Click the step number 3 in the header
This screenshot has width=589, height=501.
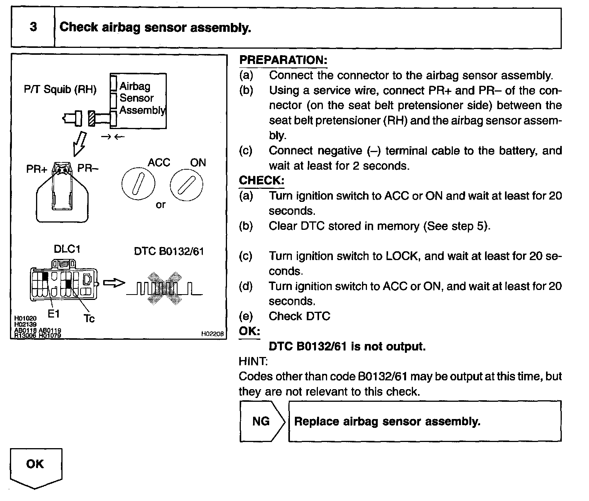pos(33,27)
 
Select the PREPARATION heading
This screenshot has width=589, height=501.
pos(283,60)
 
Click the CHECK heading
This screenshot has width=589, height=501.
pos(262,180)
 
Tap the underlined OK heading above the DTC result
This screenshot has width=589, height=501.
pos(249,331)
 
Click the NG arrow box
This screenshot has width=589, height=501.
pos(263,421)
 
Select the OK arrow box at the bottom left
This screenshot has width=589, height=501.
pos(36,467)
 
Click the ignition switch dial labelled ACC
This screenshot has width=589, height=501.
pos(138,185)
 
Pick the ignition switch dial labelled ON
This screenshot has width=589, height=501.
pos(186,185)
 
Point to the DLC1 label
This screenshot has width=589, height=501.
pos(67,249)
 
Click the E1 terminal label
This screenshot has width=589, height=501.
pos(54,314)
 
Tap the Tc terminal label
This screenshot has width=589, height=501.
pos(89,318)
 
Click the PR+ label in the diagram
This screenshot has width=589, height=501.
pos(36,169)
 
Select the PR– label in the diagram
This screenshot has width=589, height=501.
pos(88,168)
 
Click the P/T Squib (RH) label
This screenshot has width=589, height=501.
pos(60,90)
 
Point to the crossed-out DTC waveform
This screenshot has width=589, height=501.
pos(164,288)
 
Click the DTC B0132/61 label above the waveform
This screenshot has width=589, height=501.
pos(169,251)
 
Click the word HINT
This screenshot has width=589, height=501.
pos(253,361)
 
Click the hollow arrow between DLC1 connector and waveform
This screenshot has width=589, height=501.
pos(115,283)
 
